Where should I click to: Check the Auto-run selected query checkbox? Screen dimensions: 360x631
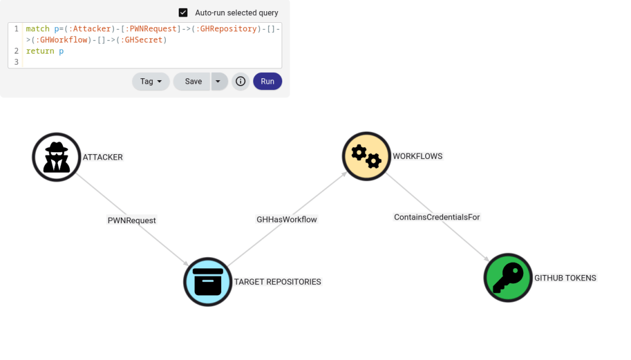(183, 12)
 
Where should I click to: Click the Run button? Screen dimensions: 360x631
(267, 81)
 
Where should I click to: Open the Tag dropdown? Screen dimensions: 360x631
(151, 81)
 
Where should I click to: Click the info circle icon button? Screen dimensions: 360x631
(241, 81)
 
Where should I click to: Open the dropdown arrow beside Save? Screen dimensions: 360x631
(218, 81)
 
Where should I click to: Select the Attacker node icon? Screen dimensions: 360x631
(57, 157)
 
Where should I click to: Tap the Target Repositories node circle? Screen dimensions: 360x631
(208, 282)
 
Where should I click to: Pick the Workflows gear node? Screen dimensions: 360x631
(367, 157)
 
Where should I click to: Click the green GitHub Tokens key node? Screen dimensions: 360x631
(508, 277)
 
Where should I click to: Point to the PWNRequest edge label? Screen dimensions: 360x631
(132, 220)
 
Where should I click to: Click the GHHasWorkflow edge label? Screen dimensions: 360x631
(287, 219)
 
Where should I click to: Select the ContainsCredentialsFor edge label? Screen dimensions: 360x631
(437, 217)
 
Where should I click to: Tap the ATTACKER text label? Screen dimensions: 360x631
(103, 157)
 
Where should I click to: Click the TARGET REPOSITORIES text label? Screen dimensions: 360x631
(277, 282)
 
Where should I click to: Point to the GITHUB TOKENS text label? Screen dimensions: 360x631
(565, 278)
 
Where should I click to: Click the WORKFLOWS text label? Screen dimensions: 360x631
(418, 157)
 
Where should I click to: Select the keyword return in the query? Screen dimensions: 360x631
(40, 51)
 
